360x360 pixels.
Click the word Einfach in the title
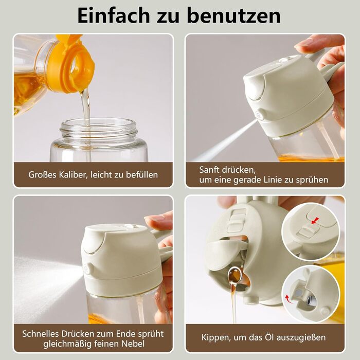pos(114,15)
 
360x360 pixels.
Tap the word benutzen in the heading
pos(233,15)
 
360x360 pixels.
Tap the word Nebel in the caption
pos(133,344)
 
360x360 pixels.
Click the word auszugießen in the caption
pos(301,338)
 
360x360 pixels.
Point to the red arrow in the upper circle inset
pos(315,221)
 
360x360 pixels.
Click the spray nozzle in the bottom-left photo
pos(87,268)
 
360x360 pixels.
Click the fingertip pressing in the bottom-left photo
pos(158,220)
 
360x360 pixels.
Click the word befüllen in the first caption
pos(142,175)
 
